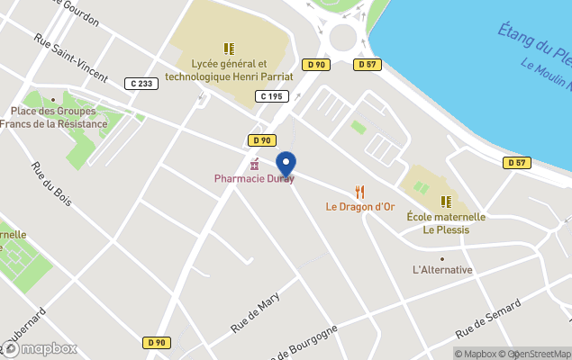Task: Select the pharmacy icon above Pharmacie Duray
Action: click(254, 164)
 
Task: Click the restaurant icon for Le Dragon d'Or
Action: click(360, 192)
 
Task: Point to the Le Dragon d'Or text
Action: click(360, 206)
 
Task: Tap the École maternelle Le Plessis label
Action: click(446, 223)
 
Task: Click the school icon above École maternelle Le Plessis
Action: click(445, 202)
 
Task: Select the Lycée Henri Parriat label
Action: click(229, 70)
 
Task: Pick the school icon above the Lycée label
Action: click(229, 49)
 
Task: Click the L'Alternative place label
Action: click(442, 269)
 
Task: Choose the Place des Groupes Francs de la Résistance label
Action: click(53, 118)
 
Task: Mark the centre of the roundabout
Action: click(343, 37)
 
